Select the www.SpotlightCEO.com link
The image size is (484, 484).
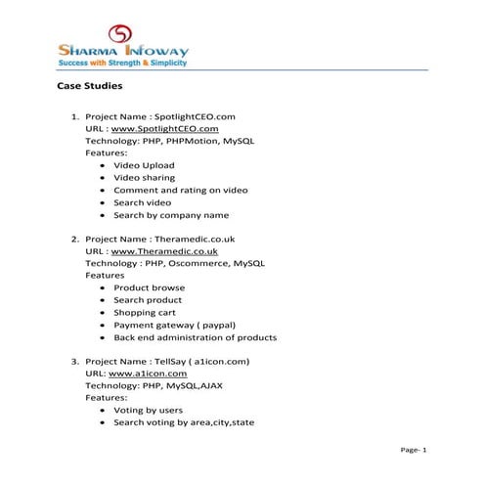165,129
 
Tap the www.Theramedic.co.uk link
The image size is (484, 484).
164,251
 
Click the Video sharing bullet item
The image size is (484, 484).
144,178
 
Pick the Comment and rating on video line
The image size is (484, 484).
180,190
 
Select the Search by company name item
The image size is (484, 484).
171,215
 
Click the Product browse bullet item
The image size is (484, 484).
149,288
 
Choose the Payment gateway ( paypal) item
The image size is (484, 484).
175,325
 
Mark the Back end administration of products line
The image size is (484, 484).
195,337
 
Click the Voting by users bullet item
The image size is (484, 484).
148,411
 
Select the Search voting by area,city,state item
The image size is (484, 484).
184,422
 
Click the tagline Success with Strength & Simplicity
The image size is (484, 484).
122,63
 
